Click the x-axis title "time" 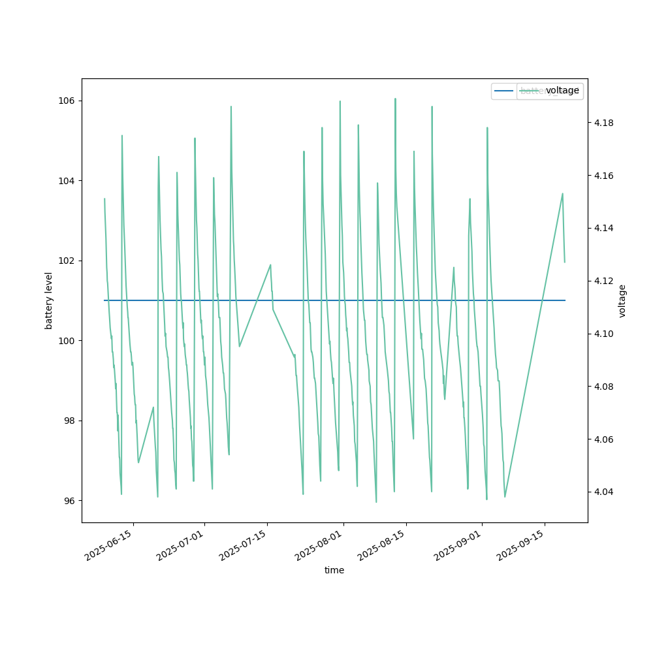pyautogui.click(x=334, y=570)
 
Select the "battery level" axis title pyautogui.click(x=49, y=300)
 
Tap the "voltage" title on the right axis pyautogui.click(x=622, y=300)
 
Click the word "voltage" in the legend pyautogui.click(x=562, y=91)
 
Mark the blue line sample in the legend pyautogui.click(x=505, y=91)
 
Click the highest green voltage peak pyautogui.click(x=395, y=99)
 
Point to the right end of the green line pyautogui.click(x=565, y=262)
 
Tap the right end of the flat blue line pyautogui.click(x=565, y=300)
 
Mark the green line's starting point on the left pyautogui.click(x=104, y=199)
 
